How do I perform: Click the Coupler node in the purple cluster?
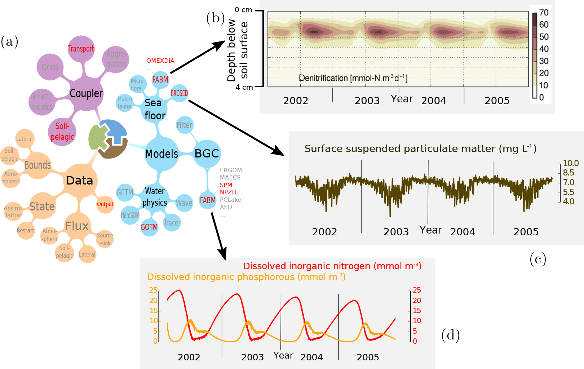(x=86, y=93)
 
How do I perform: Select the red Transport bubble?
(x=81, y=49)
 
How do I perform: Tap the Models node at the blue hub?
(x=162, y=154)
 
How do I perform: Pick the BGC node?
(x=207, y=154)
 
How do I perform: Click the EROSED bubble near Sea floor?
(x=179, y=93)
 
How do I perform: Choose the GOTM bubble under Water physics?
(x=149, y=227)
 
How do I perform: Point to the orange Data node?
(x=80, y=181)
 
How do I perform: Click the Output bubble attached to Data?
(x=105, y=204)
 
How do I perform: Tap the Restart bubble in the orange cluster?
(x=25, y=231)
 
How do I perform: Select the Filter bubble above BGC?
(x=184, y=125)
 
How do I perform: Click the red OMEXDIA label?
(x=160, y=61)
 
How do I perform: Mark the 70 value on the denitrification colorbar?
(x=544, y=13)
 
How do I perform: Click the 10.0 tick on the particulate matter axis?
(x=571, y=163)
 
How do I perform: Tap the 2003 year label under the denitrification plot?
(x=367, y=101)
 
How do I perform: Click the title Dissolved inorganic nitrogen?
(x=332, y=266)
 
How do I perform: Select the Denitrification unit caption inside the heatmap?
(x=353, y=78)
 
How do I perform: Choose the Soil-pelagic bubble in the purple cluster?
(x=62, y=132)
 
